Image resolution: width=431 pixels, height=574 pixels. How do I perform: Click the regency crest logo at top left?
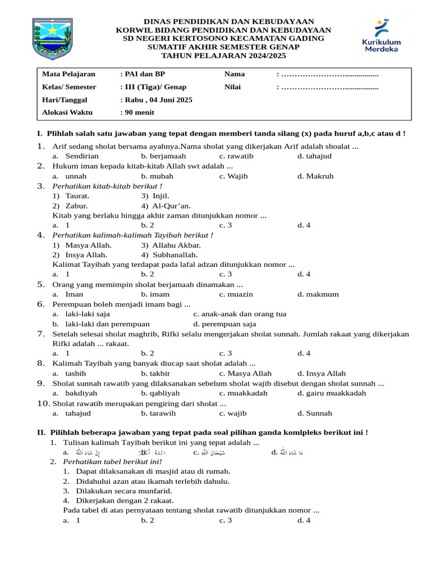(52, 39)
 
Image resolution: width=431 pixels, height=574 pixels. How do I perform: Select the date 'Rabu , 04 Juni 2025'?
(157, 100)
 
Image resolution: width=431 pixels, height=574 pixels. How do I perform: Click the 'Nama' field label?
(235, 74)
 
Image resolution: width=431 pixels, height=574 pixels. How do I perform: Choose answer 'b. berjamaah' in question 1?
(163, 156)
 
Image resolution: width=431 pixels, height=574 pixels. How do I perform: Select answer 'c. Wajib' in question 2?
(233, 176)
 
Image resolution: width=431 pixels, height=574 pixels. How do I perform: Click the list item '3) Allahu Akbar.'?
(171, 245)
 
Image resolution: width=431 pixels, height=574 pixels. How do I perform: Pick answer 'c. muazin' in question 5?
(236, 294)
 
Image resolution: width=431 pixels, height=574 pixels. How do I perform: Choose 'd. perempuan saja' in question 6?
(224, 324)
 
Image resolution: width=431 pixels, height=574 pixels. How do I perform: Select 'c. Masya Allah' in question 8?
(245, 373)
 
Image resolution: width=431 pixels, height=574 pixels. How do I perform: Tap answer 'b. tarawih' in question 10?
(158, 413)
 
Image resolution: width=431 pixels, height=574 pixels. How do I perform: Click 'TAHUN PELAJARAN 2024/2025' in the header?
(223, 56)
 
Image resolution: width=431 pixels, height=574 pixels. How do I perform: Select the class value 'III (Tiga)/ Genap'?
(154, 87)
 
